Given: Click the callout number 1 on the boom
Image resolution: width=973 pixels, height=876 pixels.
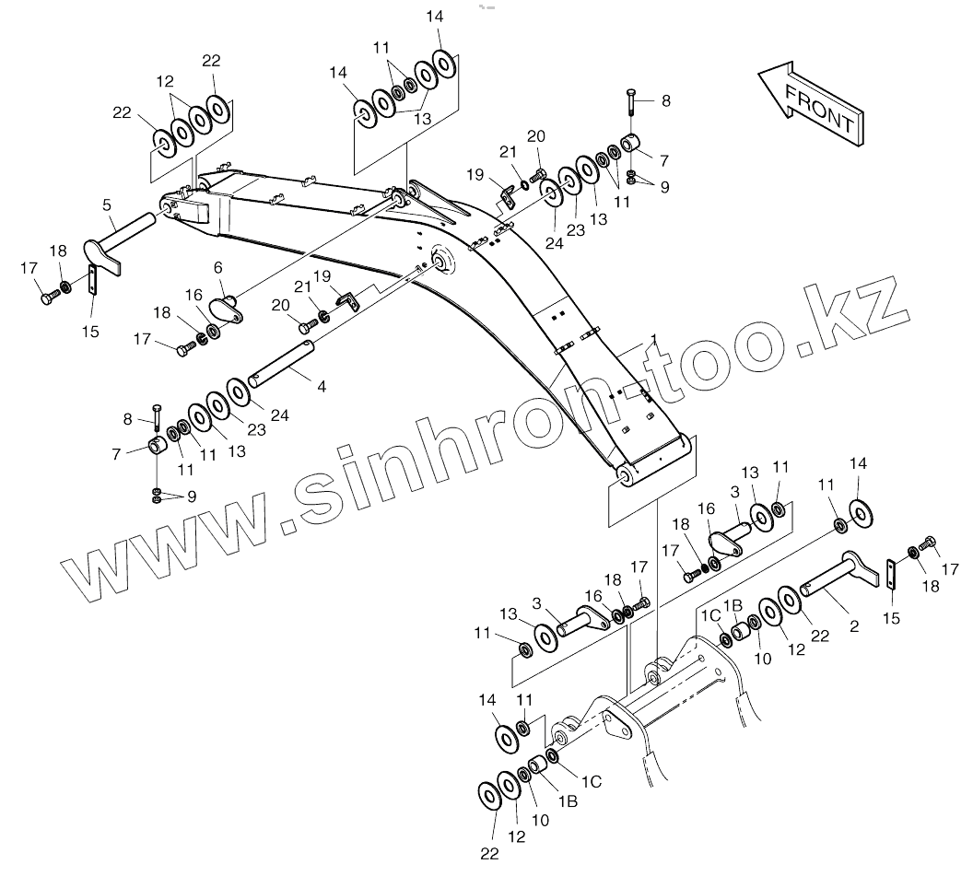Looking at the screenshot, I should [653, 340].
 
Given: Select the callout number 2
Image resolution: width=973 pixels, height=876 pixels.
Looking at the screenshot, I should [854, 626].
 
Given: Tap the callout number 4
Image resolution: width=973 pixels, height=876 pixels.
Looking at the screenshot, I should [322, 387].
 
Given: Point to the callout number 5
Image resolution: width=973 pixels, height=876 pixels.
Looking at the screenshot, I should [107, 204].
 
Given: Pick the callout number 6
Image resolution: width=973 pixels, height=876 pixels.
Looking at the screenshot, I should [218, 266].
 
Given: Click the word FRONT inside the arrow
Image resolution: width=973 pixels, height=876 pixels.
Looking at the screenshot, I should [820, 106].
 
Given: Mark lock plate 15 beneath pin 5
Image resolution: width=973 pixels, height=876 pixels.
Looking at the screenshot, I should [93, 280].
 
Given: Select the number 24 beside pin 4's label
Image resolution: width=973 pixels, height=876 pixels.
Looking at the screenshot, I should [279, 415].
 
